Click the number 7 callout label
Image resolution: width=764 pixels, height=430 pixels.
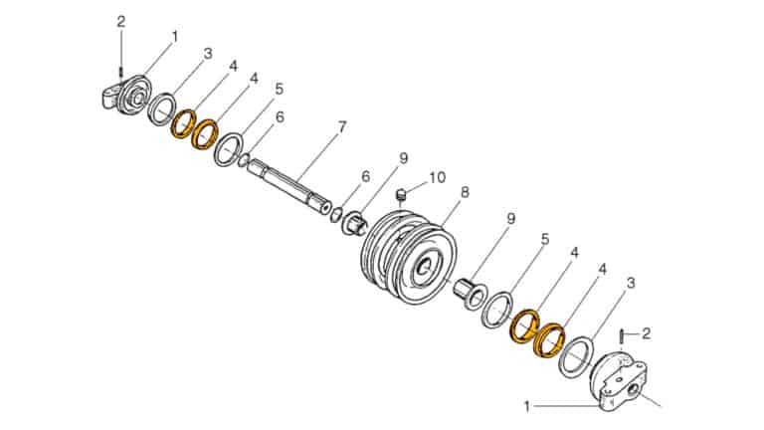coord(341,126)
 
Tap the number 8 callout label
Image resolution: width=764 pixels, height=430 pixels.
coord(465,191)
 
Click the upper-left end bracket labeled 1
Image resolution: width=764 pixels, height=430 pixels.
coord(125,94)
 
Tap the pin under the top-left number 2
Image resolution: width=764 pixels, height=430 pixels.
coord(121,70)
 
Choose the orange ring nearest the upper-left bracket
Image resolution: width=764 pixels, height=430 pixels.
coord(183,124)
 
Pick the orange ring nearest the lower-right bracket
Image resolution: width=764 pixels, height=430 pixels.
coord(548,338)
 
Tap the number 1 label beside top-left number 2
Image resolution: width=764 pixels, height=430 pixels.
coord(174,36)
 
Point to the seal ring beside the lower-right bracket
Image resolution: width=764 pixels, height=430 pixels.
coord(574,356)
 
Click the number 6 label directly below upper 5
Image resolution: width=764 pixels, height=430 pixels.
coord(280,116)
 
